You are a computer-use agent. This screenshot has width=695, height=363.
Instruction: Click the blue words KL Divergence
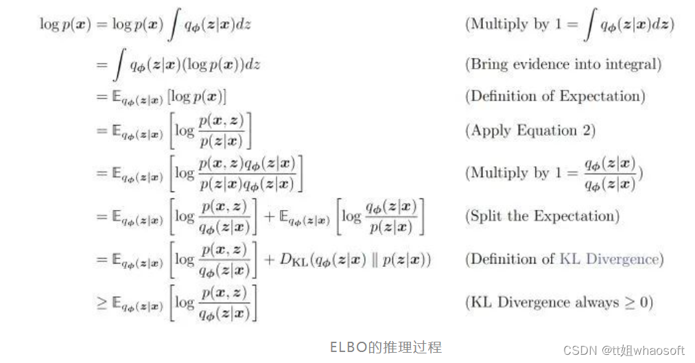pyautogui.click(x=609, y=259)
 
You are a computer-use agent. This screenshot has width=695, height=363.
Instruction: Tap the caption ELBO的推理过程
pyautogui.click(x=386, y=347)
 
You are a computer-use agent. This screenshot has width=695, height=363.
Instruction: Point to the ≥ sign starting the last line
pyautogui.click(x=102, y=303)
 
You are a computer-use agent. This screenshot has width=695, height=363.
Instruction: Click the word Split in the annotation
pyautogui.click(x=486, y=216)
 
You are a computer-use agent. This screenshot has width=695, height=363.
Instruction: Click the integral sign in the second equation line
pyautogui.click(x=120, y=65)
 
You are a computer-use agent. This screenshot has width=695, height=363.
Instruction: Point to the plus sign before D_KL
pyautogui.click(x=268, y=260)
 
